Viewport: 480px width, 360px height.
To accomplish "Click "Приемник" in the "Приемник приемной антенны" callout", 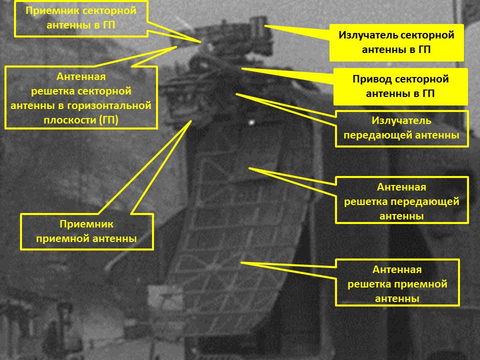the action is [86, 224].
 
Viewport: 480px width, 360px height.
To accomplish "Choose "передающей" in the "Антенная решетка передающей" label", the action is [431, 201].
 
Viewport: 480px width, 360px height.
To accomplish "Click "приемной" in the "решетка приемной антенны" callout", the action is [423, 284].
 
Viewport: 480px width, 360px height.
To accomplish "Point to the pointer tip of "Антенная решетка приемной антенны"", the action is [241, 262].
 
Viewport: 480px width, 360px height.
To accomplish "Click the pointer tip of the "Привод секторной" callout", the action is [242, 68].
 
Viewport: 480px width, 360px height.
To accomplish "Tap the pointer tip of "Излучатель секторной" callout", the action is [265, 26].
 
